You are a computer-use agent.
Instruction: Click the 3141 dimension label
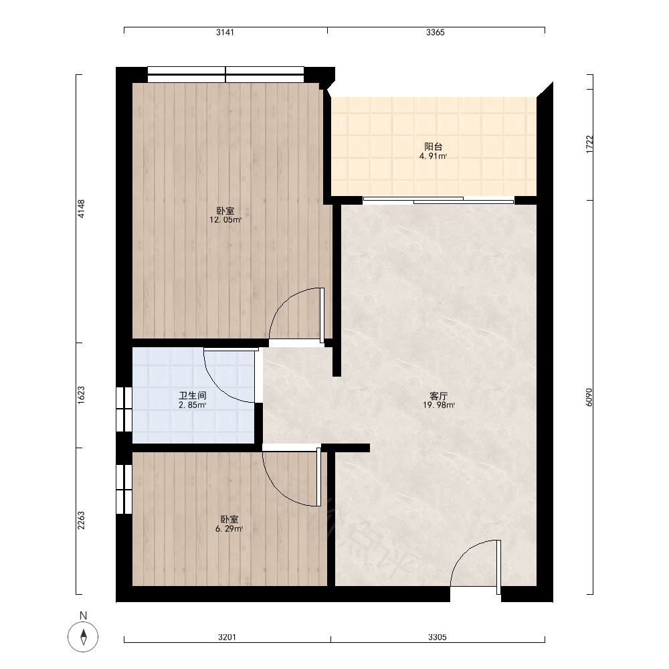pos(225,32)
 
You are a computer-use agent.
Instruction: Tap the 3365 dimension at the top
pos(436,32)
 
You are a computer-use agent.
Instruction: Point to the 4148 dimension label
pos(81,209)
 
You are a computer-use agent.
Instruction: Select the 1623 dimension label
pos(81,395)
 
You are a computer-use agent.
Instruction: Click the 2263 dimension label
pos(81,520)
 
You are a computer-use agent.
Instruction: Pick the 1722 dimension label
pos(589,145)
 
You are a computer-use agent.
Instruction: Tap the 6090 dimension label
pos(589,397)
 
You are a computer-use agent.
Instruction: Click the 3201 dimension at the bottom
pos(227,637)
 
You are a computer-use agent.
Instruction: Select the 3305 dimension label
pos(438,637)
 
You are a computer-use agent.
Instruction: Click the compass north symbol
pos(83,637)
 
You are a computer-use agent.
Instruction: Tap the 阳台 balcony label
pos(433,147)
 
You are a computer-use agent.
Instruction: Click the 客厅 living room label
pos(439,396)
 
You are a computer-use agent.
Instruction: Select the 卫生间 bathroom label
pos(193,395)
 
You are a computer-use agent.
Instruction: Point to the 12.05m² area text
pos(225,220)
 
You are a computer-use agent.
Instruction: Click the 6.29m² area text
pos(229,529)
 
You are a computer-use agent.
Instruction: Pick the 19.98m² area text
pos(439,405)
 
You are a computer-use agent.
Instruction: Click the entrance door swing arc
pos(465,551)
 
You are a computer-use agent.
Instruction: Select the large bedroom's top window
pos(225,74)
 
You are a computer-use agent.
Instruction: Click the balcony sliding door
pos(439,200)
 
